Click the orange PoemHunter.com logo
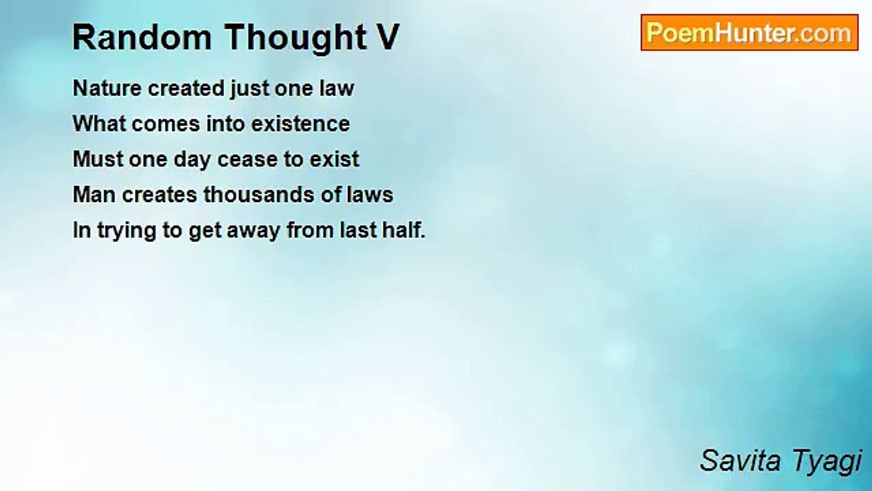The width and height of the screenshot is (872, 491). point(749,33)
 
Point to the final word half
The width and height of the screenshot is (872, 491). point(404,230)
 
